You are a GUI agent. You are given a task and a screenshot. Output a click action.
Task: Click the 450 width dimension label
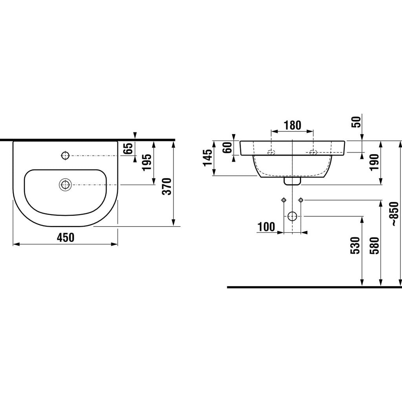66,238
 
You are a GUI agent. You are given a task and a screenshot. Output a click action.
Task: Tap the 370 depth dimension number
167,186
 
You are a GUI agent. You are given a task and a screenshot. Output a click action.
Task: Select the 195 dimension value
147,163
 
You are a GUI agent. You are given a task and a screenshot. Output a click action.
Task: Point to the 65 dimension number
128,148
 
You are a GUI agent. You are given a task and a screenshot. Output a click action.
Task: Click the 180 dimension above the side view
292,125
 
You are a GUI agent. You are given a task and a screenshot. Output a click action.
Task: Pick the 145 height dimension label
208,158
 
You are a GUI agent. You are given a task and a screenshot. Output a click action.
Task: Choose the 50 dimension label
356,122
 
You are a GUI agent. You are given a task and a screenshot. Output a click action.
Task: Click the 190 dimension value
374,162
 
